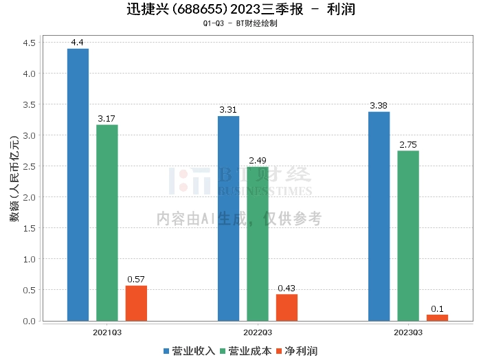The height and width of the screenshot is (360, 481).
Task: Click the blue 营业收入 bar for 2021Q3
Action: (78, 185)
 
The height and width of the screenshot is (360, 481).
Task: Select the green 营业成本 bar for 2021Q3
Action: (107, 223)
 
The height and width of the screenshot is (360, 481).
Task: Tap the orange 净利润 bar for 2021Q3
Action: (136, 303)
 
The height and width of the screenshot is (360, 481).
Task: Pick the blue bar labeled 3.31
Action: (229, 218)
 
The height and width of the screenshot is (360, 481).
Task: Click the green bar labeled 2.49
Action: (258, 244)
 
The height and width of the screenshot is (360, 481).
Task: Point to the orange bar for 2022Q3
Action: (287, 308)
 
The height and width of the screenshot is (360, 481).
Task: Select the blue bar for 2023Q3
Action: (379, 216)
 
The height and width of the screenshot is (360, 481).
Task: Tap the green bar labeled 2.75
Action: (408, 236)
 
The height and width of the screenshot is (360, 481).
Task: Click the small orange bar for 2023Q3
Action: (438, 317)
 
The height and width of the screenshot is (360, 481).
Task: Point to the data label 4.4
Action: (77, 43)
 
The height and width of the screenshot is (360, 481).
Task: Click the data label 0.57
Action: (136, 280)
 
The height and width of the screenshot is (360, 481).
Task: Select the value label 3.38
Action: (379, 106)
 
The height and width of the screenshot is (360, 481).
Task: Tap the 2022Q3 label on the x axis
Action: (258, 333)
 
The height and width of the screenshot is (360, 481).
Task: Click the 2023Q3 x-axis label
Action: (408, 333)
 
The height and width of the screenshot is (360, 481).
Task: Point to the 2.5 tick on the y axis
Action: (29, 166)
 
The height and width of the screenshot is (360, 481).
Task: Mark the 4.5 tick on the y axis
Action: (29, 43)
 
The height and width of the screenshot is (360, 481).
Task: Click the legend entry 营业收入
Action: (189, 351)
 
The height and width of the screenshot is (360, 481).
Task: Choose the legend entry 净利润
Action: (297, 351)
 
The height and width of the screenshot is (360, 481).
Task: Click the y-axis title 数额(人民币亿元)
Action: (14, 179)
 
